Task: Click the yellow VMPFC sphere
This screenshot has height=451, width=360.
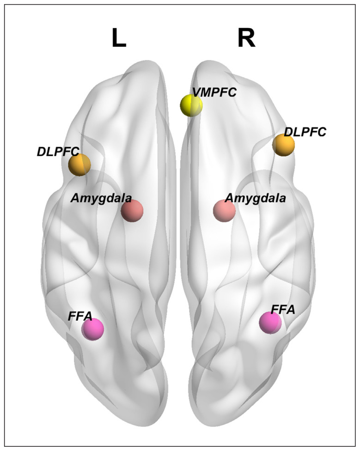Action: click(191, 105)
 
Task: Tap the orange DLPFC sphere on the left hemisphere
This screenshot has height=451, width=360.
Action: click(79, 165)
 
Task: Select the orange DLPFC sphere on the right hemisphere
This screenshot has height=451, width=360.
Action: click(283, 145)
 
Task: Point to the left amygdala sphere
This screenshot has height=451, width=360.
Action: click(132, 211)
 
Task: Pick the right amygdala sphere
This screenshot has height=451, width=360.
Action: click(224, 211)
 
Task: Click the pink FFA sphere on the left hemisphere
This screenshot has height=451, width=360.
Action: click(92, 329)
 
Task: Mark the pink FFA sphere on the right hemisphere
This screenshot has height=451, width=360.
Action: click(270, 323)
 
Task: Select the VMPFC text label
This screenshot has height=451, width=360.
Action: click(214, 92)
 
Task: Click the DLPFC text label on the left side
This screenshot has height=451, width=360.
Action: click(58, 152)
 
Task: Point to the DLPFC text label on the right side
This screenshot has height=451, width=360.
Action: click(305, 132)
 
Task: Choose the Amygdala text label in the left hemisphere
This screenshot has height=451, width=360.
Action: click(101, 198)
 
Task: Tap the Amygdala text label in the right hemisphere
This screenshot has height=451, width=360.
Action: click(256, 198)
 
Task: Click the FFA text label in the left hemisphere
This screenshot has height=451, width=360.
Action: click(80, 317)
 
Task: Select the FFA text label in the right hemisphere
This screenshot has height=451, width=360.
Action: click(283, 310)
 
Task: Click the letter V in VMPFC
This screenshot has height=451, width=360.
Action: click(197, 92)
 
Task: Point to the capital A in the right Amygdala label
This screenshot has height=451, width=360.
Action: click(230, 198)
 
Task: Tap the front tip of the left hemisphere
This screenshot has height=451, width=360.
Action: click(148, 61)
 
